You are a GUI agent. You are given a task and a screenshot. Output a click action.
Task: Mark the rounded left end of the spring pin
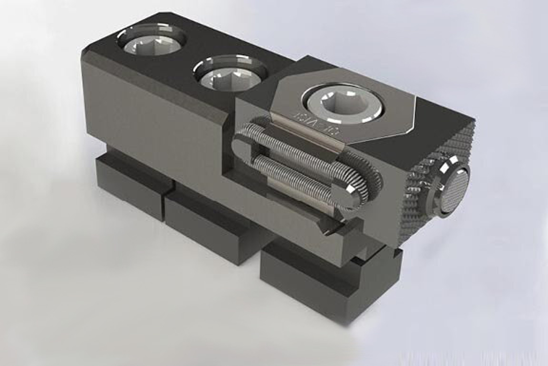[243, 145]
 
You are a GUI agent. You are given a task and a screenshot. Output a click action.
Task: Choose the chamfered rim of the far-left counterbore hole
[151, 31]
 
